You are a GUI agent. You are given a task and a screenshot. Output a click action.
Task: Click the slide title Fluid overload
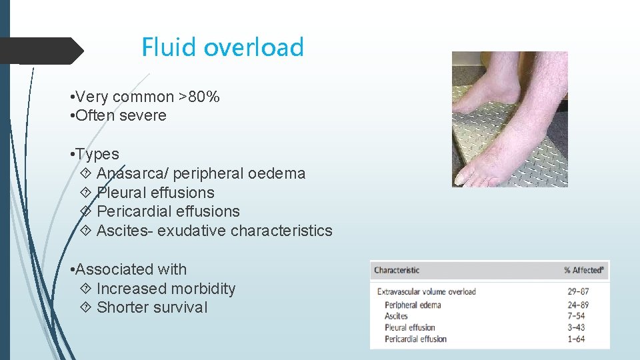[222, 47]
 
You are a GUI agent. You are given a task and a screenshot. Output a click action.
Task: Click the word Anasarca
[132, 173]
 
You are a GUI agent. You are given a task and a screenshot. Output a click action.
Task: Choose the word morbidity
[203, 289]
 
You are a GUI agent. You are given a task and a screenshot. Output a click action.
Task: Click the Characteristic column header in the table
[397, 270]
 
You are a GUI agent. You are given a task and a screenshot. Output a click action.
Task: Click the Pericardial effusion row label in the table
[415, 339]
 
